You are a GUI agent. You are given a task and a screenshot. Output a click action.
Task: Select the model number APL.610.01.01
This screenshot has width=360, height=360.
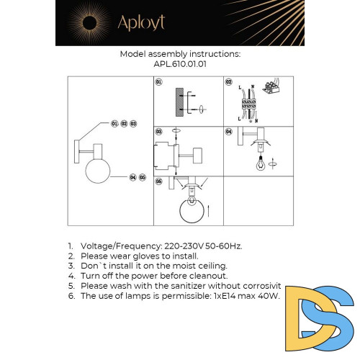point(180,63)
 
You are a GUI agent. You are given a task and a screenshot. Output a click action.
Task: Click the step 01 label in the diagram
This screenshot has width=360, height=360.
point(159,83)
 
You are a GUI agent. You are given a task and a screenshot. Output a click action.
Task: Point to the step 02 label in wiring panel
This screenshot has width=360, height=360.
point(229,83)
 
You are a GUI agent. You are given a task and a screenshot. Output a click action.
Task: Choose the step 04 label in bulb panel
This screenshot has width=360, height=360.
point(229,132)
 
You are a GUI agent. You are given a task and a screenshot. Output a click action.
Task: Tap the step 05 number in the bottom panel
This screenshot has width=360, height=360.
point(159,182)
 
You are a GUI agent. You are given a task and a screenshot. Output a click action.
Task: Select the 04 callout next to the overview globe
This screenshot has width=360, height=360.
point(133,176)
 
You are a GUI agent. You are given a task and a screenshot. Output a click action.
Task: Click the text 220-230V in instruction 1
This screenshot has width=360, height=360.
point(180,245)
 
